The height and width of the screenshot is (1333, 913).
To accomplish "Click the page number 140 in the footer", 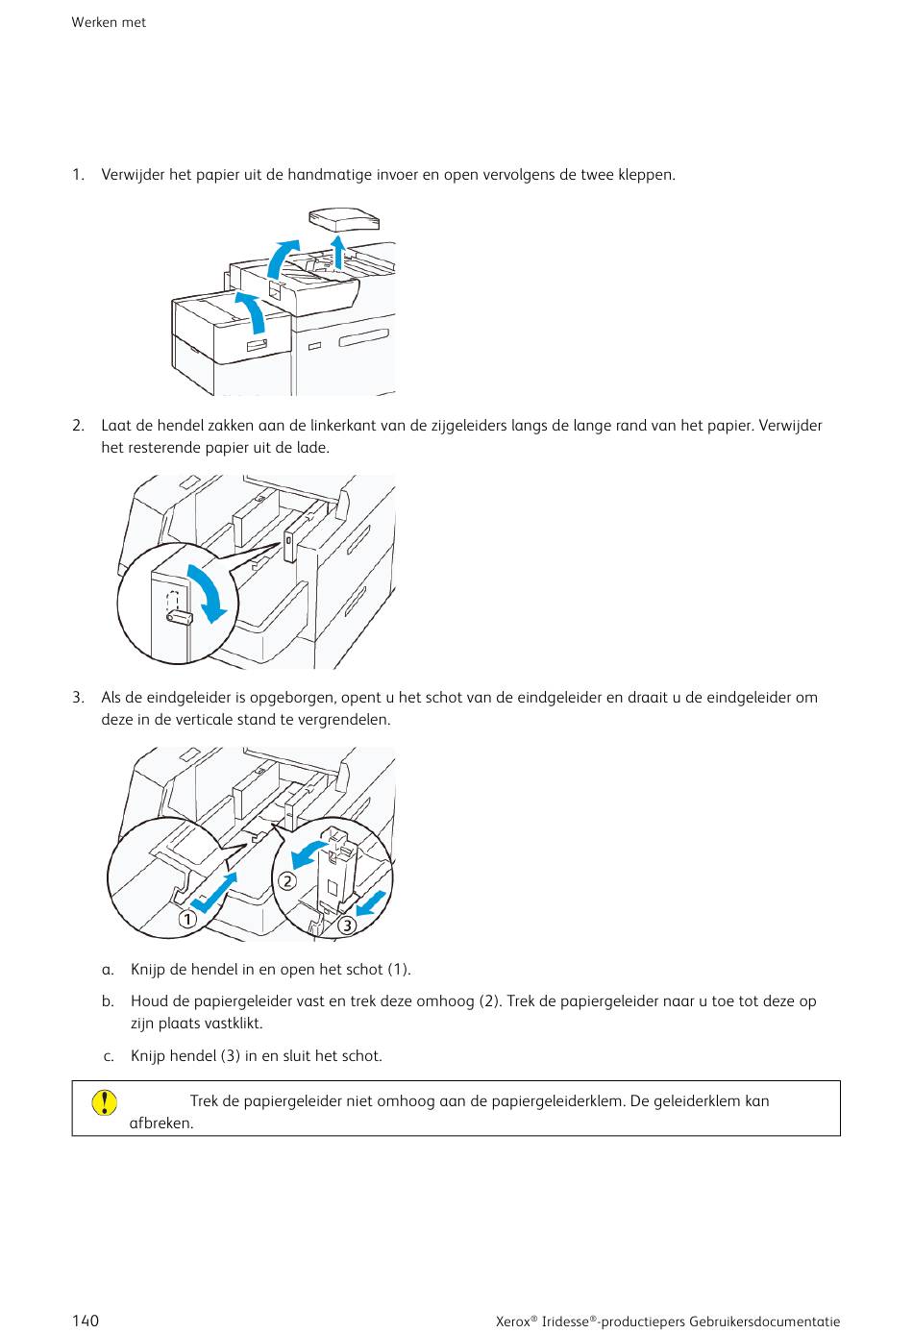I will [x=85, y=1321].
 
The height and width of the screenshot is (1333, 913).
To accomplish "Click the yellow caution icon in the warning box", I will [x=105, y=1101].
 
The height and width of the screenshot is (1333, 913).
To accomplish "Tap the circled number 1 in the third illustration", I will [x=186, y=919].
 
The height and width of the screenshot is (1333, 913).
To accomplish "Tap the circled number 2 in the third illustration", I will [x=286, y=881].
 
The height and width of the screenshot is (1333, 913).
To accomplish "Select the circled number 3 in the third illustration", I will [x=346, y=926].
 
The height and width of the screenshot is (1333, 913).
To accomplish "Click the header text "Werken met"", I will [x=109, y=22].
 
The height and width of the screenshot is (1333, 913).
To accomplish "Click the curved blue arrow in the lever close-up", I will [x=210, y=592].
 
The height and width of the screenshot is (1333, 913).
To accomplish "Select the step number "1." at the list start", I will [x=78, y=175].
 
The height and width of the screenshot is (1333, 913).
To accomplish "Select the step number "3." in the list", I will [x=78, y=698].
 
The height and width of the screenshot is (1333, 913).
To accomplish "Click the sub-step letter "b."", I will [x=109, y=1001].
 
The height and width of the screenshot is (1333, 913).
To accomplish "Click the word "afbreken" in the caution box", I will [x=160, y=1123].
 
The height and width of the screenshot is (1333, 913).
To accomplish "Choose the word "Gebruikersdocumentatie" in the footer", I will [x=764, y=1321].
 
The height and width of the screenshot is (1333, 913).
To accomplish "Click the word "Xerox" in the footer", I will [x=514, y=1321].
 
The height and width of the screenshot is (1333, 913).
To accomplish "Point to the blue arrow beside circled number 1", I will [x=213, y=893].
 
